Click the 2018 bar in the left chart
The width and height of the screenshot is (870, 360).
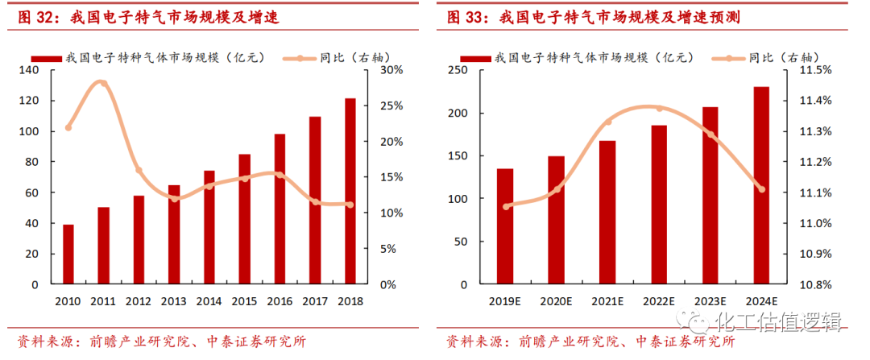[350, 192]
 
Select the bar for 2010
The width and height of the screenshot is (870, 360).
[68, 254]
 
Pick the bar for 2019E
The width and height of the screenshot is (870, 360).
[505, 226]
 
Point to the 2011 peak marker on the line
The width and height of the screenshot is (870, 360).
[102, 84]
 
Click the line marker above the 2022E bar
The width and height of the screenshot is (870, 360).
[660, 108]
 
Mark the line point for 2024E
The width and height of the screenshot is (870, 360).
[761, 189]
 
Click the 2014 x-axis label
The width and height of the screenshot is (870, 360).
[209, 301]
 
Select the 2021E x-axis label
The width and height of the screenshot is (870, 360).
[607, 301]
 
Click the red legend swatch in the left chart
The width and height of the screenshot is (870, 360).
[46, 58]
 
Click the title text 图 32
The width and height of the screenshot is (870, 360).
[32, 16]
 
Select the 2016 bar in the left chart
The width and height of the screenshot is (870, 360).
[280, 209]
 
